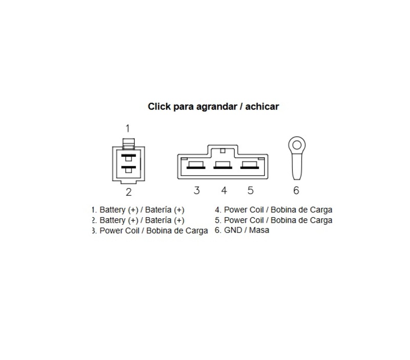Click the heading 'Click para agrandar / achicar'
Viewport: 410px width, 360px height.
213,107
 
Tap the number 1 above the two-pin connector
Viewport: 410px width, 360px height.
128,129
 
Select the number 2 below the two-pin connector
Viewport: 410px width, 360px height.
129,192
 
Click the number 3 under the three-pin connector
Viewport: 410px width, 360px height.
197,190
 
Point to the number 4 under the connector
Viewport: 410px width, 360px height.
224,190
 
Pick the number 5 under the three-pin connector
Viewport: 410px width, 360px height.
251,190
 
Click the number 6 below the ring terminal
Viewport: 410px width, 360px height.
296,190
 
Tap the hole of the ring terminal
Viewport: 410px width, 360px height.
297,145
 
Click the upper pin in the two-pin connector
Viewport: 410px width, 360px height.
129,157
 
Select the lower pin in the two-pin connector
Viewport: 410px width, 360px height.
129,169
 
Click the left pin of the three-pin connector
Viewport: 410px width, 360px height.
196,165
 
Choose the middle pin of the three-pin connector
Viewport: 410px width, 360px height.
223,165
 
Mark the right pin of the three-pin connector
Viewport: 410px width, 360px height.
250,165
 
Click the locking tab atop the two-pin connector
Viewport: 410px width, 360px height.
129,144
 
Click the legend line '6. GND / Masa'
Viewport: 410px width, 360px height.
242,230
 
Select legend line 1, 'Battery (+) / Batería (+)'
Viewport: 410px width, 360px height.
138,210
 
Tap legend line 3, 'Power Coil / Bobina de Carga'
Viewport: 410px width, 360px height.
150,230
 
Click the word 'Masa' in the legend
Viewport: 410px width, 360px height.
259,230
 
